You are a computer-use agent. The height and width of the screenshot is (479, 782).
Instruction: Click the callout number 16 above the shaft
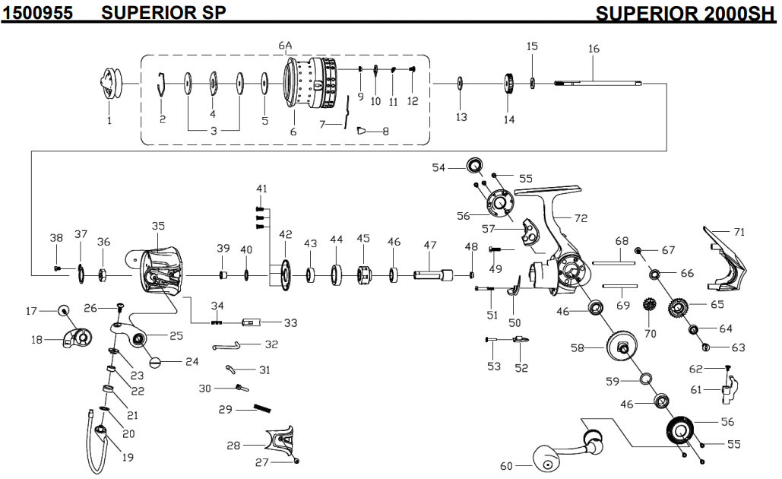594,49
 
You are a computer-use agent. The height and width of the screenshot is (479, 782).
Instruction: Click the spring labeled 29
262,408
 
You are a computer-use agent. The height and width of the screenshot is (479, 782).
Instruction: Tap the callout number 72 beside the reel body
581,218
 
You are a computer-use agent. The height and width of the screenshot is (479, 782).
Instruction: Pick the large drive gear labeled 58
622,349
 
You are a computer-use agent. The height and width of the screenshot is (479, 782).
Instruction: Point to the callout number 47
430,246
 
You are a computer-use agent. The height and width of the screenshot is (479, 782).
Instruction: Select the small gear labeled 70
650,306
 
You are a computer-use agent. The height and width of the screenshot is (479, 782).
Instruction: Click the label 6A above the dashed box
285,46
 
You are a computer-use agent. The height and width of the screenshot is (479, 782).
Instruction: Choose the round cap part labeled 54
475,164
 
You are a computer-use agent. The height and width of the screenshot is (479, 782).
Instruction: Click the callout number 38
56,238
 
